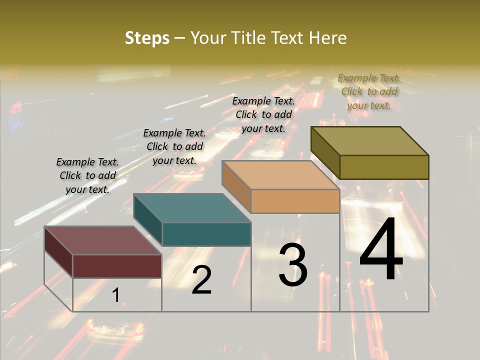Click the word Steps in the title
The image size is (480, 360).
click(147, 38)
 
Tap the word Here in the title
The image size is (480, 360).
click(327, 38)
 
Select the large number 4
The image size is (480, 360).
click(381, 250)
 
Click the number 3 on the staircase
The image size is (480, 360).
click(293, 265)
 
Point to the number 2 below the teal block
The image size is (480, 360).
click(201, 280)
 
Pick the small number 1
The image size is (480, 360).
click(115, 295)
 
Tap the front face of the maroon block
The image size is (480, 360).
click(117, 266)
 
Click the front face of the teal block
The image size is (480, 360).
click(206, 234)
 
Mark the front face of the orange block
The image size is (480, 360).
click(295, 201)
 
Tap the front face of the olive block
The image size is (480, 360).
click(384, 167)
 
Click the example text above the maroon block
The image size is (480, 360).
click(87, 175)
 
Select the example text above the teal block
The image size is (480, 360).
click(174, 146)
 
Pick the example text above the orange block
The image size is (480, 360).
click(263, 114)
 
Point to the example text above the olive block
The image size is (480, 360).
click(369, 91)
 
